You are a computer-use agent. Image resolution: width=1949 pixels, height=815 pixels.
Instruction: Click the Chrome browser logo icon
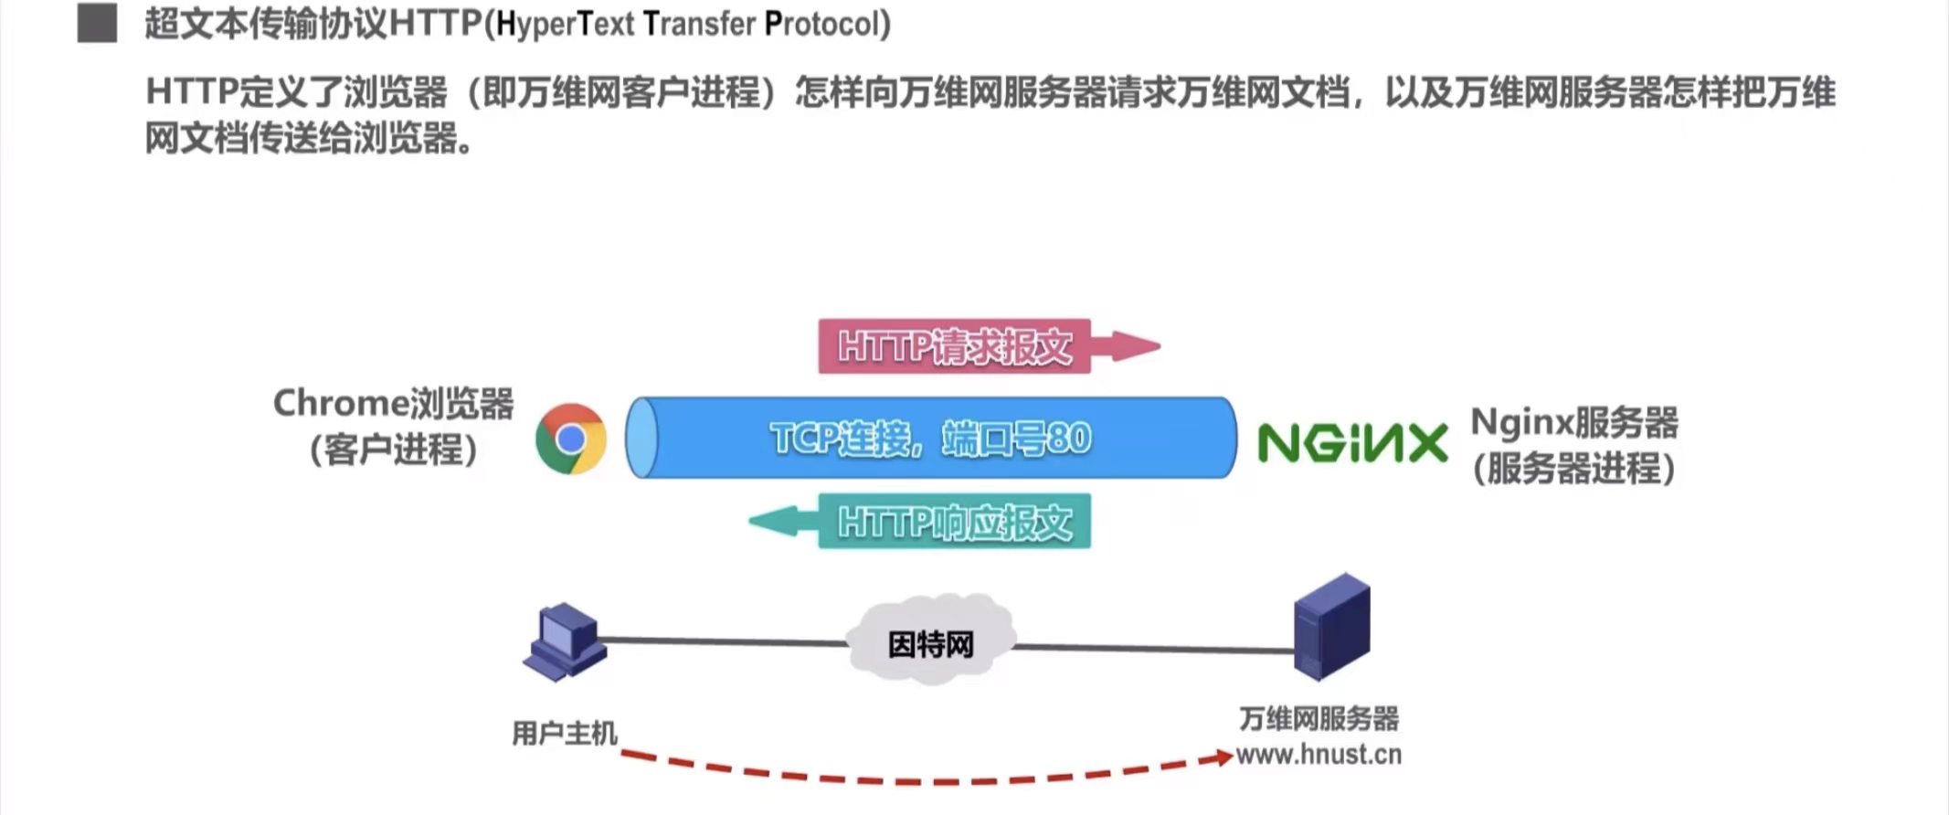(571, 439)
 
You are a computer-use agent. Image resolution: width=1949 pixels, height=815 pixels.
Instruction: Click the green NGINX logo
(1352, 443)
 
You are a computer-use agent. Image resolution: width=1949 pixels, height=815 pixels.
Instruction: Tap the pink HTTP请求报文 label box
(954, 346)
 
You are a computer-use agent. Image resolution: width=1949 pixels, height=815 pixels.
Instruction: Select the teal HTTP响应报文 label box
(954, 522)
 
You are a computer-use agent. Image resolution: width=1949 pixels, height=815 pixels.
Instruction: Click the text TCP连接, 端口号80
(930, 439)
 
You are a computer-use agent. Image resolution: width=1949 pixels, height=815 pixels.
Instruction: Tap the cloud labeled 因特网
(930, 640)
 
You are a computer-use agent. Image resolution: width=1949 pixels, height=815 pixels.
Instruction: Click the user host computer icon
(564, 641)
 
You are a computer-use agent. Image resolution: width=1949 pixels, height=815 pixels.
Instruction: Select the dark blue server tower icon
(1332, 627)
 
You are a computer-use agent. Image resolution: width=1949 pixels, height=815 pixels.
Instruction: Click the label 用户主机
(564, 733)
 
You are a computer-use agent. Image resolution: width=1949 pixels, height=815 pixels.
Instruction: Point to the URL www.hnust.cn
(1319, 755)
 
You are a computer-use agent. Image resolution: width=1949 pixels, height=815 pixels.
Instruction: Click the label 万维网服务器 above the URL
(1319, 719)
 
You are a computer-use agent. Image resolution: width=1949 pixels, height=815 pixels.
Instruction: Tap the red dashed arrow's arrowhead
(1221, 757)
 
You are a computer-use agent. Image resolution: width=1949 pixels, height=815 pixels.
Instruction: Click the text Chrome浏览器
(393, 403)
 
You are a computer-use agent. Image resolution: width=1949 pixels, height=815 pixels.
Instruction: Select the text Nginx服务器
(1574, 422)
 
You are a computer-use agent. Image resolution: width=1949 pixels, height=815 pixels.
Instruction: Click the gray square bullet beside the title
(97, 24)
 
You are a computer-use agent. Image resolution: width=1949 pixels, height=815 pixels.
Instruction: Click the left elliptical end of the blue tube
(641, 438)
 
